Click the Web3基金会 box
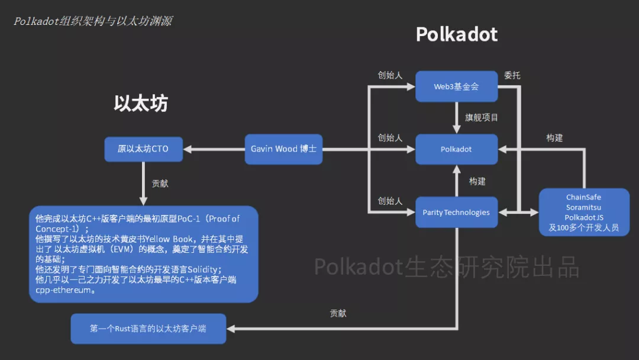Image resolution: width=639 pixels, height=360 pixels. [456, 86]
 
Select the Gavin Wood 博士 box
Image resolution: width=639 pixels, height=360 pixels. [283, 149]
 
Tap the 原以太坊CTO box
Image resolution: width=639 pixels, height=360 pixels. [143, 149]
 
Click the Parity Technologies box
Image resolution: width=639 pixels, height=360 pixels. [456, 212]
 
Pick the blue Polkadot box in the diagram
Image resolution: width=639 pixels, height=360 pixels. [456, 149]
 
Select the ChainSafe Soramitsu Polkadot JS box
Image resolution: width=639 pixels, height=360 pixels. [583, 212]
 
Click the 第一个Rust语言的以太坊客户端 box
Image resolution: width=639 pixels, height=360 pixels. [148, 329]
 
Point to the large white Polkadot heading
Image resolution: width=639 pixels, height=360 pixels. [456, 34]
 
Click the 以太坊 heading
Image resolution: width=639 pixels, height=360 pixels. [141, 104]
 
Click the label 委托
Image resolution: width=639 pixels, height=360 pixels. [512, 76]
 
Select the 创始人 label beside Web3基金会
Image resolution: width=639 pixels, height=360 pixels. [390, 75]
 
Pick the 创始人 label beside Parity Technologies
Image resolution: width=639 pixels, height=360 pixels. [390, 201]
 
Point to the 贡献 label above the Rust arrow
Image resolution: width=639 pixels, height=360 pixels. [338, 313]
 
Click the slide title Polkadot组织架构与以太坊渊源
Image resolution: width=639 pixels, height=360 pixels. [93, 21]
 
